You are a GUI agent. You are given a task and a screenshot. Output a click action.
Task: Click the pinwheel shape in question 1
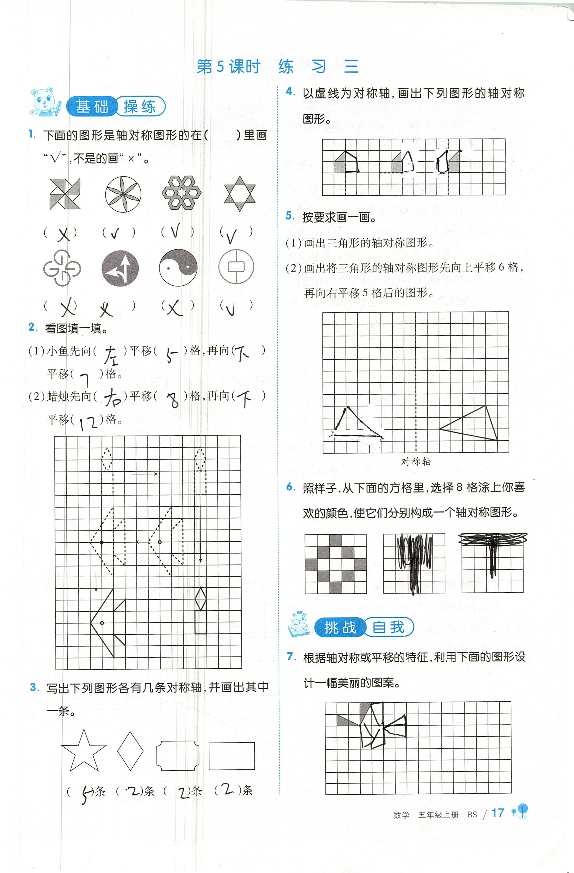click(x=64, y=194)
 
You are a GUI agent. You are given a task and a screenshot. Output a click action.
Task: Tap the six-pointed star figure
click(x=239, y=194)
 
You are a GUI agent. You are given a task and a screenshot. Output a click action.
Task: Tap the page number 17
click(x=498, y=813)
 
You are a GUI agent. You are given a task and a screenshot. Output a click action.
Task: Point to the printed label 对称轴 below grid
click(x=416, y=462)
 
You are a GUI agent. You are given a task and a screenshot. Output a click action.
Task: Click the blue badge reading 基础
click(x=92, y=107)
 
